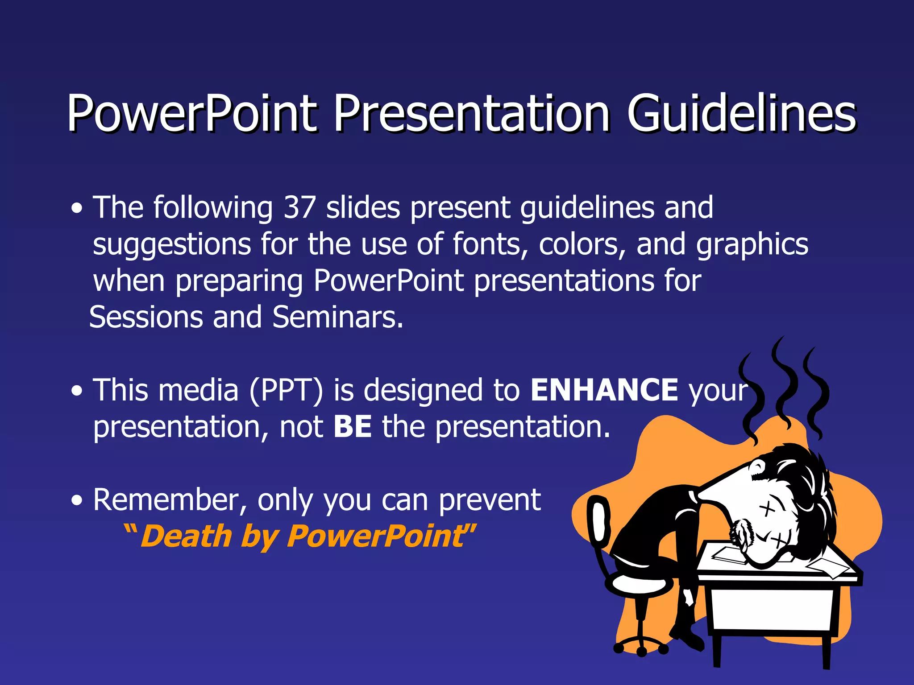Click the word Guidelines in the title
741,114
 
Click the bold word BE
353,427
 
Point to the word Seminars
337,318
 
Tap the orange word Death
186,536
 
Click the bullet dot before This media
77,391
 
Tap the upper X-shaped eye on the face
767,508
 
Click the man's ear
758,467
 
